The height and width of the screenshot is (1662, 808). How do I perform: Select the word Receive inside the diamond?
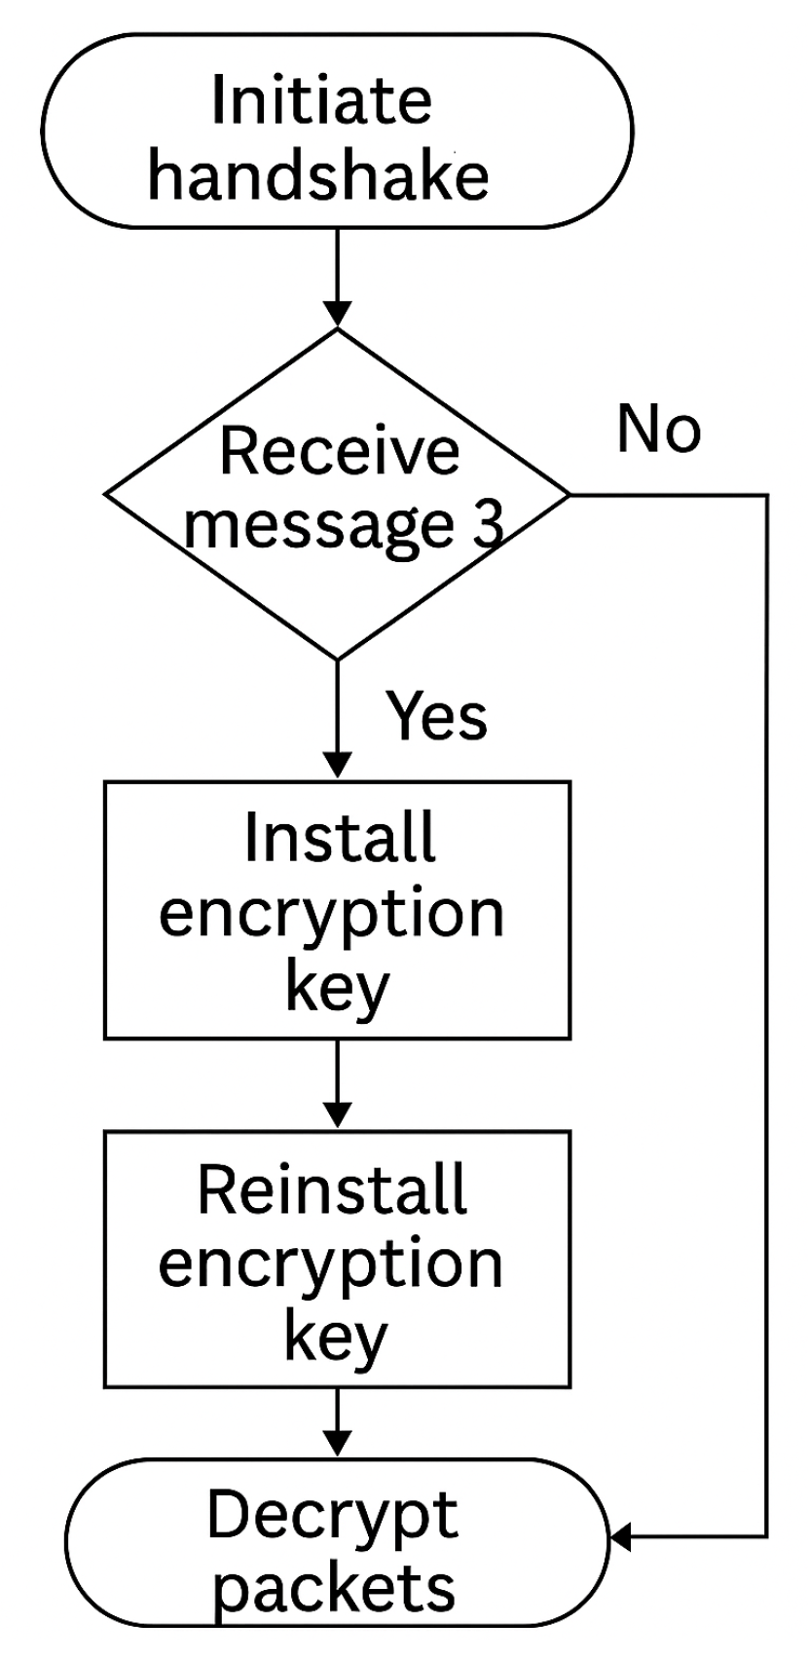(339, 451)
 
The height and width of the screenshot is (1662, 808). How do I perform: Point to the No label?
(658, 429)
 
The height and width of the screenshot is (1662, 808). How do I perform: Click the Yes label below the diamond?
(437, 715)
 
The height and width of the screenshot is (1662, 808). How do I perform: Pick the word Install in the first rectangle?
(339, 838)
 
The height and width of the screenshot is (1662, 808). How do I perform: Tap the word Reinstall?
(332, 1190)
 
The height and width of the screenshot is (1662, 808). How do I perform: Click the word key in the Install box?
(336, 989)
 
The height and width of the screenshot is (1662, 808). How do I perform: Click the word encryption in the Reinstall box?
(331, 1264)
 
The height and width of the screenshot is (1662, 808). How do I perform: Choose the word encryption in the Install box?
(331, 914)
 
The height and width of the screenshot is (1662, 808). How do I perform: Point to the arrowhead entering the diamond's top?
(337, 315)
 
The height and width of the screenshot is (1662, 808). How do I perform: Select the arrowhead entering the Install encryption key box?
(337, 766)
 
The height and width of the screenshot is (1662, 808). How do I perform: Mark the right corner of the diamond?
(568, 495)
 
